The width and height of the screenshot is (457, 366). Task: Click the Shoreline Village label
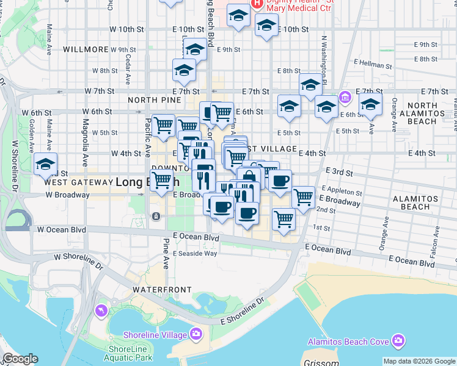[156, 335]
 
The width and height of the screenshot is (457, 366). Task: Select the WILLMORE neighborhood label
[85, 49]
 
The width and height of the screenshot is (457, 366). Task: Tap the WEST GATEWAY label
[76, 182]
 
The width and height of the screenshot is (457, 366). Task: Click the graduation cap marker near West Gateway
[46, 165]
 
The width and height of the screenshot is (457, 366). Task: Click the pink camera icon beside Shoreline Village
[196, 333]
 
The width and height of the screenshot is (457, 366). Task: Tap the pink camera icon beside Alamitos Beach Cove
[398, 340]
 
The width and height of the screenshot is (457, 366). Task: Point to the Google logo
[20, 359]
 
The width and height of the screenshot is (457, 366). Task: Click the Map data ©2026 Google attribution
[419, 361]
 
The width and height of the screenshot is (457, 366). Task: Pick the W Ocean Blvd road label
[61, 230]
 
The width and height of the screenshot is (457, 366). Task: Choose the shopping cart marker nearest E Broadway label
[304, 198]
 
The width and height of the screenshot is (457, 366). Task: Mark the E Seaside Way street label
[195, 253]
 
